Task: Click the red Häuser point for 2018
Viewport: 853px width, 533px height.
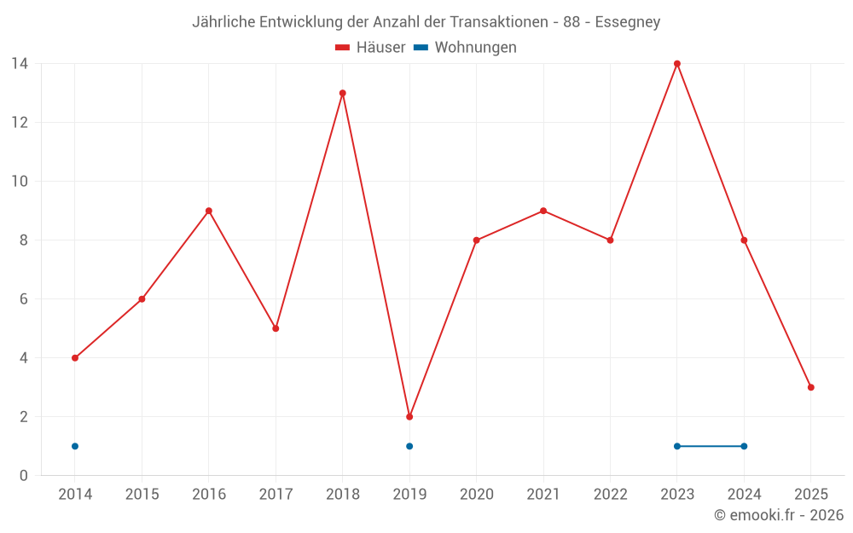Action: tap(343, 93)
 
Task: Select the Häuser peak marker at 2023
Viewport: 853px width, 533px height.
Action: tap(677, 64)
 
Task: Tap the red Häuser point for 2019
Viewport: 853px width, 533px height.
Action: tap(409, 417)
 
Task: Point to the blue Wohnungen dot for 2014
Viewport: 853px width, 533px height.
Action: tap(75, 446)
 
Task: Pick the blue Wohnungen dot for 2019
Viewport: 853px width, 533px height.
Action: tap(409, 446)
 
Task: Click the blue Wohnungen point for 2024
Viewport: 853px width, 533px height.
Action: tap(744, 446)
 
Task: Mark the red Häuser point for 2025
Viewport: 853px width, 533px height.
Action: tap(811, 387)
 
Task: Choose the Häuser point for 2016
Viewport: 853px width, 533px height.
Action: tap(209, 211)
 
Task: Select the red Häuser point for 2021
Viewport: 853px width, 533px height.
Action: tap(543, 211)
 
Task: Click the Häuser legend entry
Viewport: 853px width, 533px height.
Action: tap(370, 48)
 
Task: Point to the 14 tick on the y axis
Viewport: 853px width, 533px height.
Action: tap(19, 64)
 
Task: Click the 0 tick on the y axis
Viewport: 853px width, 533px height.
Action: tap(24, 476)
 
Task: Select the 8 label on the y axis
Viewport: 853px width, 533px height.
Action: tap(24, 240)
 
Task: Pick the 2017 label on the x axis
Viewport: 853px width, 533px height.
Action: tap(276, 495)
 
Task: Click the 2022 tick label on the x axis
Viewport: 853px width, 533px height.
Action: tap(610, 495)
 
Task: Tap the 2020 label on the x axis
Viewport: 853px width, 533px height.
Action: tap(476, 495)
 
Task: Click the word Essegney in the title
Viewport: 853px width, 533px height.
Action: tap(627, 22)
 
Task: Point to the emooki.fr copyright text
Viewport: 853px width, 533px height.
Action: tap(779, 515)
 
